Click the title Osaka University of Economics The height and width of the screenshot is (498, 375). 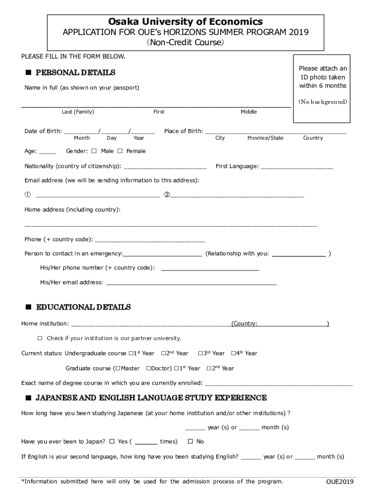pos(186,22)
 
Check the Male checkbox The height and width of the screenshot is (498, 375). pos(94,151)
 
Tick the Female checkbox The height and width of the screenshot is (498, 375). pos(120,151)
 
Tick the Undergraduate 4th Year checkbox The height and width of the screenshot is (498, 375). pos(233,353)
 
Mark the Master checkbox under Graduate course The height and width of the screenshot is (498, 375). pos(118,368)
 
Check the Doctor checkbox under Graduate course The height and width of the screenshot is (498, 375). pos(149,368)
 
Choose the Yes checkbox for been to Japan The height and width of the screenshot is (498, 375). pos(112,442)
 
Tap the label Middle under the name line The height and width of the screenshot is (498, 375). pos(248,112)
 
